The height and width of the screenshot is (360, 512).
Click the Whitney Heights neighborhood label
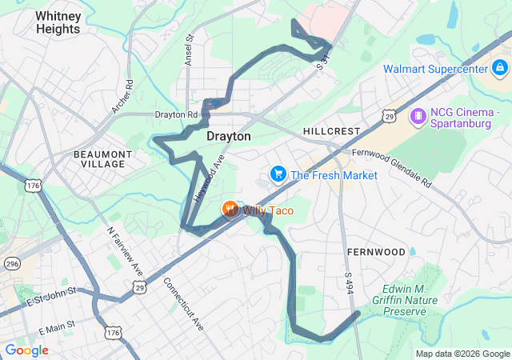pos(58,22)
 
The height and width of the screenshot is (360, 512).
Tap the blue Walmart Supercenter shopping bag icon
pos(500,67)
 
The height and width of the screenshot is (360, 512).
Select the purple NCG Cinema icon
pos(417,118)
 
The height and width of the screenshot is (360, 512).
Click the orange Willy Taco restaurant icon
pos(230,210)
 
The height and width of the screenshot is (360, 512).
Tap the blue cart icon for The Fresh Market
pos(278,174)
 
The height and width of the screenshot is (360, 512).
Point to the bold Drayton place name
pos(229,137)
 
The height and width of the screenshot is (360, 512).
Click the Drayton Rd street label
pos(175,115)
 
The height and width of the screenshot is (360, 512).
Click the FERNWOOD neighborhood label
pos(376,252)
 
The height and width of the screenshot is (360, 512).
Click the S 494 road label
pos(349,282)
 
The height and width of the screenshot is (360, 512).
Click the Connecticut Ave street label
pos(183,303)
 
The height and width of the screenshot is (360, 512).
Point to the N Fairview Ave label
pos(126,250)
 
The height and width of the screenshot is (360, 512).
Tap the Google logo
pos(26,350)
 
